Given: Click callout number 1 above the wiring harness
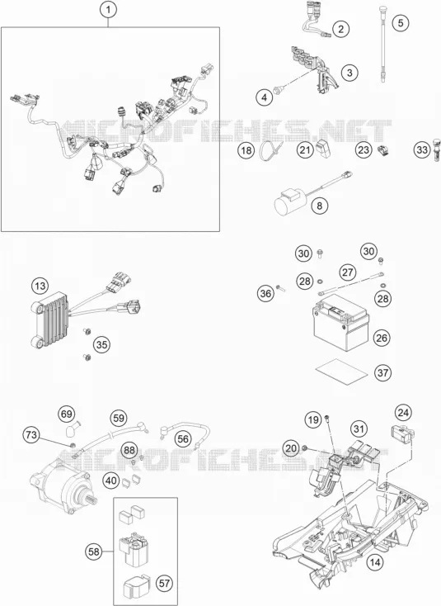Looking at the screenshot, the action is pos(109,10).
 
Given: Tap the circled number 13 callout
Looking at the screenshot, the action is pos(40,286).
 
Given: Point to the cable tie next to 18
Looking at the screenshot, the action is pos(270,150).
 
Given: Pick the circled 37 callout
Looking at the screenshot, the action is pos(382,372).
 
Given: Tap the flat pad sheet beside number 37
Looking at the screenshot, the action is pos(341,370).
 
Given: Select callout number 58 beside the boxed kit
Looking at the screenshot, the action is pos(94,552).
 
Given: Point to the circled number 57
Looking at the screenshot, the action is pos(165,583).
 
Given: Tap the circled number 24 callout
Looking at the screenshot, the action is pos(403,413).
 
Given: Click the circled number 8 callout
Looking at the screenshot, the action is pos(320,206).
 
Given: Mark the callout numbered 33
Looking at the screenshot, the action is pos(423,149).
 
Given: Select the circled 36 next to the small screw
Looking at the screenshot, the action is pos(265,294).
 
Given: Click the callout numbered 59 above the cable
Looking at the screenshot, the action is pos(120,418).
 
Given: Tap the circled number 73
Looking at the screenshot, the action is pos(31,435).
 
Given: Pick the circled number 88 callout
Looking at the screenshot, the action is pos(129,450).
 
